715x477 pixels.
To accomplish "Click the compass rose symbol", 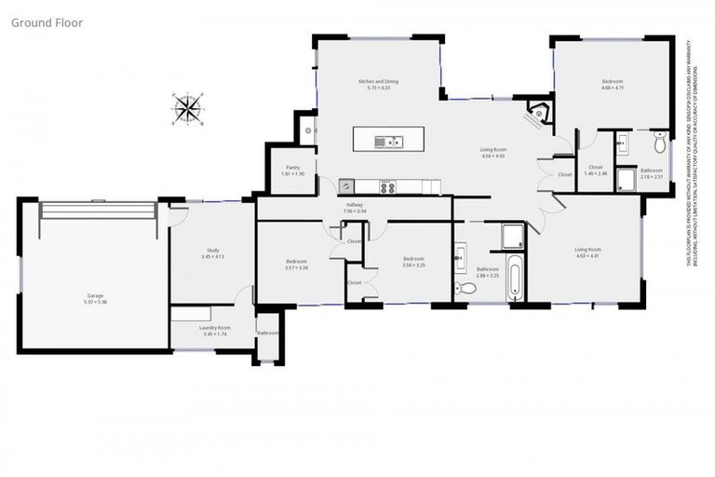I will point(187,109).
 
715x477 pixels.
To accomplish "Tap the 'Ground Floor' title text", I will point(47,22).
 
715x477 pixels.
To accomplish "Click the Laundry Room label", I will point(213,330).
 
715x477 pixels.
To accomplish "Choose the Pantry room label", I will point(291,170).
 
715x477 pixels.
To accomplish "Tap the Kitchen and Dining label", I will point(379,85).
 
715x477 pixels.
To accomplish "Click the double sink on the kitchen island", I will point(388,142).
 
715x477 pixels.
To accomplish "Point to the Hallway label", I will point(355,209).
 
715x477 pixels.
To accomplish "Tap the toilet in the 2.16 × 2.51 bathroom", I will point(659,143).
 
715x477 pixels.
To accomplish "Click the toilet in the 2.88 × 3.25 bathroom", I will point(468,289).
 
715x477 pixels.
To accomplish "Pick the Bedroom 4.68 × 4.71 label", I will point(612,85).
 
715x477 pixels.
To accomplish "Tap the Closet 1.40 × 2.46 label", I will point(595,170).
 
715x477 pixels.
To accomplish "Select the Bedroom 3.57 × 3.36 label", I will point(297,265).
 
